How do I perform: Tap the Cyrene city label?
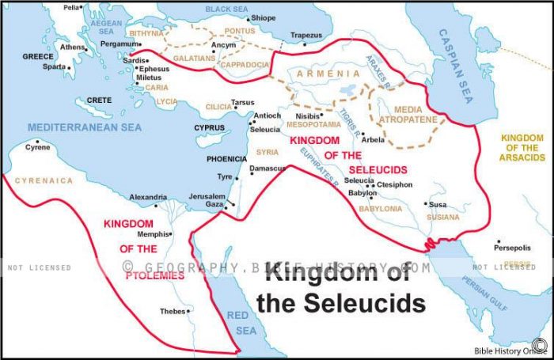tap(38, 147)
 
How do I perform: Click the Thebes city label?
tap(173, 311)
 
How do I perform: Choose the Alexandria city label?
tap(148, 197)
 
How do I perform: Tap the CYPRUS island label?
tap(210, 127)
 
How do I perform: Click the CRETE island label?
tap(99, 100)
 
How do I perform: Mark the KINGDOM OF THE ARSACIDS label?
tap(522, 147)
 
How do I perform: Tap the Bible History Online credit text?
tap(501, 351)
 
